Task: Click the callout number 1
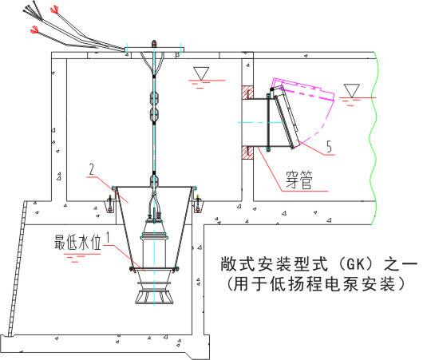[109, 237]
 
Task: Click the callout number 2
[92, 169]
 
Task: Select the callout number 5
[329, 147]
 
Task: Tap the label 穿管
[299, 180]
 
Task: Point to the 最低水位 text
[77, 242]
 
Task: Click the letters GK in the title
[355, 264]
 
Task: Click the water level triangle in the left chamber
[201, 73]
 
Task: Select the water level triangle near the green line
[351, 91]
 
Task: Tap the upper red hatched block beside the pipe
[247, 93]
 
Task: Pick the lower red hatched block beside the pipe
[247, 152]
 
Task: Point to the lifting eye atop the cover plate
[154, 43]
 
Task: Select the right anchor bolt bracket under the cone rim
[198, 204]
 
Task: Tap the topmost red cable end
[54, 10]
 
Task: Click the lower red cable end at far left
[34, 30]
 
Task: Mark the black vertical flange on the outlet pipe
[268, 122]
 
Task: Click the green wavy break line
[374, 137]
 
